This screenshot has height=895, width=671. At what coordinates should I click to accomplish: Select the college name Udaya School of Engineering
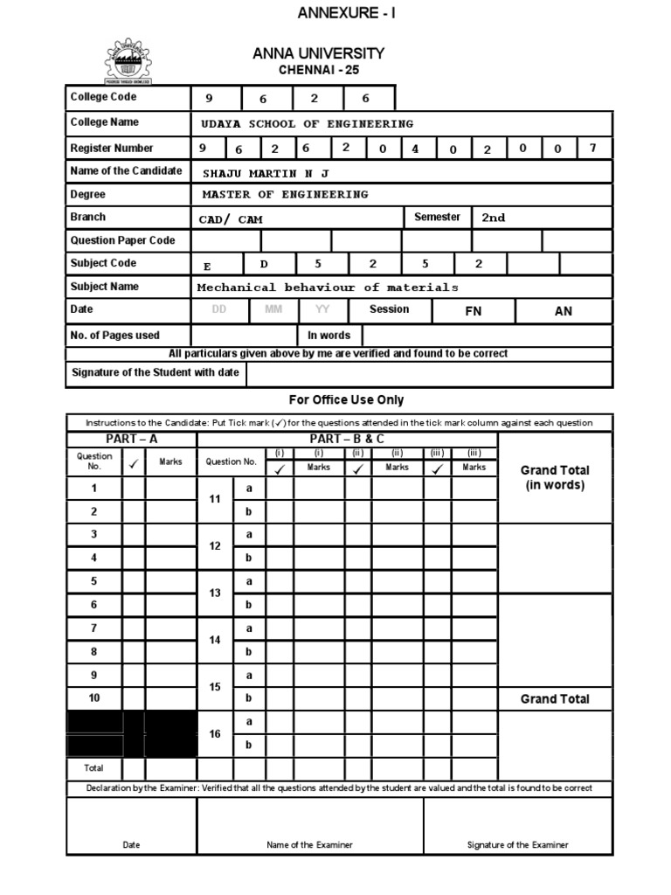[x=307, y=123]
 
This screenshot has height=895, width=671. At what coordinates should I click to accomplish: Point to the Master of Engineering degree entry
[x=285, y=194]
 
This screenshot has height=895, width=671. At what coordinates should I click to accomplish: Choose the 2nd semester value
[x=494, y=218]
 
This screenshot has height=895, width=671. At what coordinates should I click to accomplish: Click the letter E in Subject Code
[x=206, y=265]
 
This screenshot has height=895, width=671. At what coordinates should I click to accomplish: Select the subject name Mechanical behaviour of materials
[x=327, y=287]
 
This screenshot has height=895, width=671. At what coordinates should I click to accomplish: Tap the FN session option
[x=474, y=311]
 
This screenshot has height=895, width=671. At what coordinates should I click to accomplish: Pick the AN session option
[x=564, y=311]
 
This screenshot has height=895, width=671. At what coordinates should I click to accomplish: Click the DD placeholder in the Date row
[x=218, y=309]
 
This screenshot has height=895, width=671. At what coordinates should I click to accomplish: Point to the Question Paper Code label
[x=122, y=240]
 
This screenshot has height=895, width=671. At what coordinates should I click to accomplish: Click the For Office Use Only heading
[x=346, y=399]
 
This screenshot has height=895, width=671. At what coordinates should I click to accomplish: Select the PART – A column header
[x=132, y=439]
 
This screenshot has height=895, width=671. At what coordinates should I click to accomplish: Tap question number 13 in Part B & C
[x=215, y=593]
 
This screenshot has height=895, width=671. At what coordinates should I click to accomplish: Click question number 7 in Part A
[x=94, y=628]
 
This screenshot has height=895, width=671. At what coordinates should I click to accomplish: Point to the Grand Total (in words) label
[x=555, y=477]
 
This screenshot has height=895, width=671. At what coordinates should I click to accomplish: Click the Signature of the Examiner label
[x=517, y=845]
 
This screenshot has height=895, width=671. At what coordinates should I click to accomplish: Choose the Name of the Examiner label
[x=310, y=845]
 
